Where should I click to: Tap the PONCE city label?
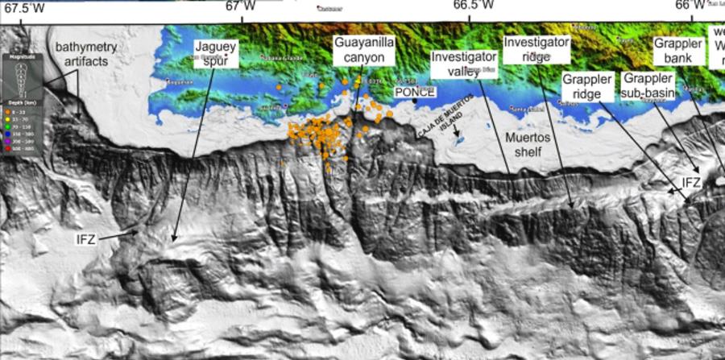414,92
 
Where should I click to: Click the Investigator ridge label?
536,48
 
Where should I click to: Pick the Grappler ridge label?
585,88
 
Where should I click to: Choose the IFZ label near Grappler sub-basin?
691,184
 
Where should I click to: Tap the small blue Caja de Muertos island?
460,139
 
